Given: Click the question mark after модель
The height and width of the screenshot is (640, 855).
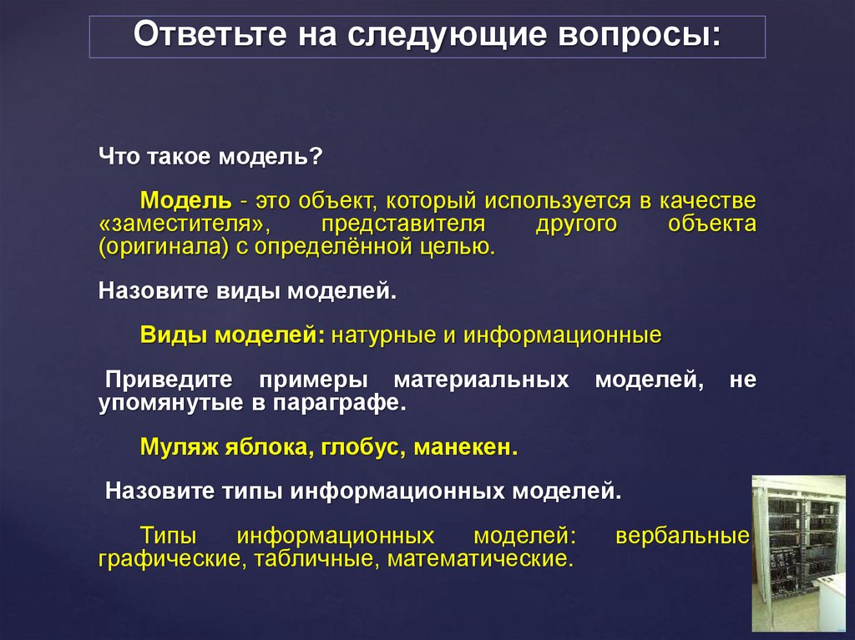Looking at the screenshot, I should (316, 156).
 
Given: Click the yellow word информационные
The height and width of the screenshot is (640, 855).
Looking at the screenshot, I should (563, 335).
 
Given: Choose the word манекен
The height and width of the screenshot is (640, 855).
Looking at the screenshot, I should (468, 446).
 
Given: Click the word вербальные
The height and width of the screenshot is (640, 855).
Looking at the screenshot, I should (681, 535).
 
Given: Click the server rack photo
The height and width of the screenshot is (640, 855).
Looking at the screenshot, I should (801, 552).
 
